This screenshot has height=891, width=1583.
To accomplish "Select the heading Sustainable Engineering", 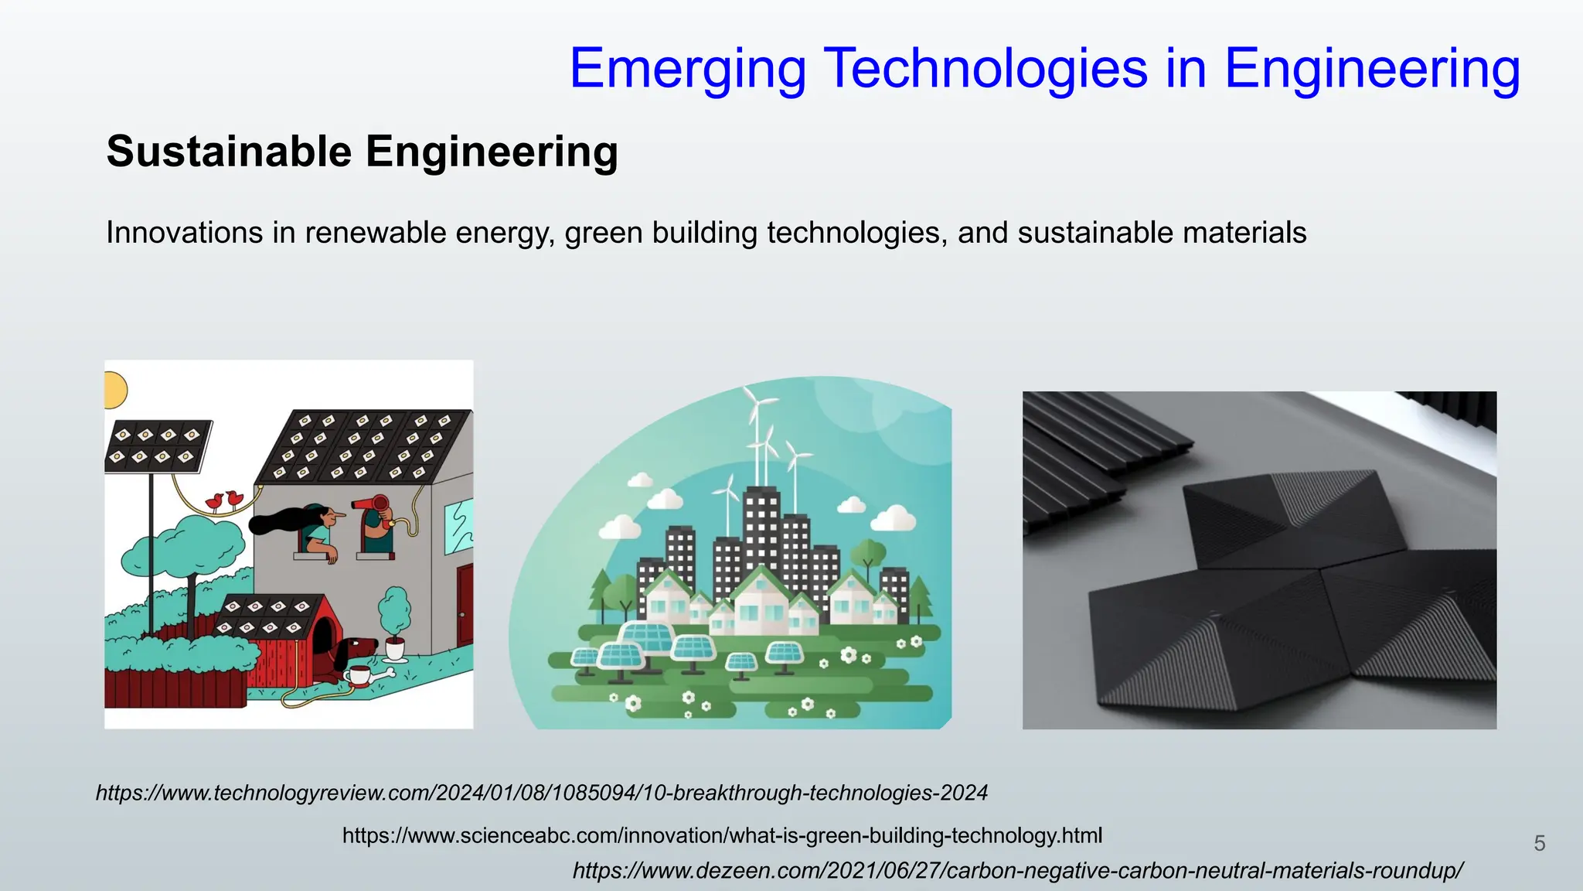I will tap(362, 152).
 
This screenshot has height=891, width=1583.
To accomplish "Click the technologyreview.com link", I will tap(541, 793).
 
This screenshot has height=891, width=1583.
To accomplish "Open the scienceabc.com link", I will tap(722, 835).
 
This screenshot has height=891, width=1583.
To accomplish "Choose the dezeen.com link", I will tap(1017, 871).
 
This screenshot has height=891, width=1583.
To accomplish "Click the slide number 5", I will tap(1539, 843).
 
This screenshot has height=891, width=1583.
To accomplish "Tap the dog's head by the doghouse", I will tap(360, 647).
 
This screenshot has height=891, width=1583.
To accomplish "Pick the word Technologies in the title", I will tap(988, 70).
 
